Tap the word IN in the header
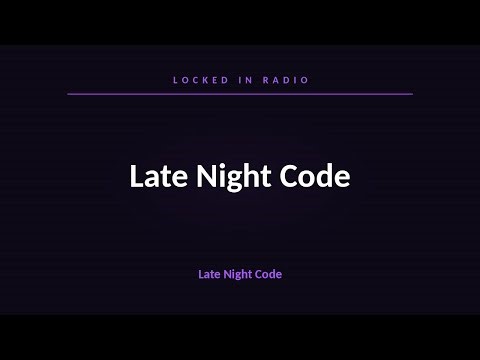click(x=241, y=78)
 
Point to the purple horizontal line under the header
click(x=240, y=93)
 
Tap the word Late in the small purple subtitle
click(x=208, y=272)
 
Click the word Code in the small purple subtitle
click(x=268, y=272)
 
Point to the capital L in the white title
click(x=136, y=177)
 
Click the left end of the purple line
click(x=69, y=93)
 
